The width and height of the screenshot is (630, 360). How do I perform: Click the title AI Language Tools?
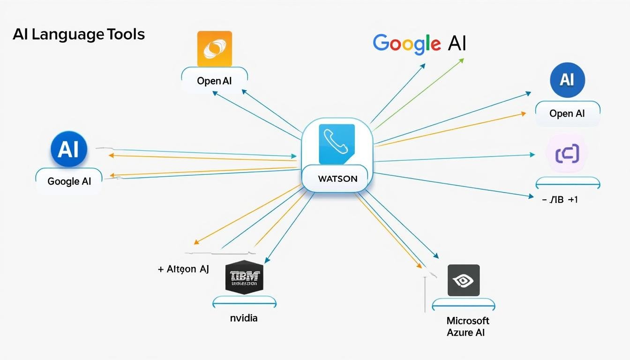(x=79, y=35)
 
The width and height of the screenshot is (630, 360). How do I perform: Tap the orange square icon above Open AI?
(x=215, y=49)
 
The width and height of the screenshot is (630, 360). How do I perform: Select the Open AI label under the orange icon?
(x=214, y=81)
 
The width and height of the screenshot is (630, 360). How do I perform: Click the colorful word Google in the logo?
(x=406, y=43)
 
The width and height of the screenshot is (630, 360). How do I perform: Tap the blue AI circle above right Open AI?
(x=567, y=80)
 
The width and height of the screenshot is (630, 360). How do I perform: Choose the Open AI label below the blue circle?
(x=567, y=113)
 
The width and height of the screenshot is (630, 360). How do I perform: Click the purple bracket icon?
(x=567, y=154)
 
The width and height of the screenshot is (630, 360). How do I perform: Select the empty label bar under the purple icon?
(x=567, y=183)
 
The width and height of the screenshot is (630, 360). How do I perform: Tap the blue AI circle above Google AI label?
(x=69, y=150)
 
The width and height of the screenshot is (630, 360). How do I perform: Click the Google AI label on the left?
(x=69, y=181)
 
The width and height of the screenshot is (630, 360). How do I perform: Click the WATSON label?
(x=337, y=179)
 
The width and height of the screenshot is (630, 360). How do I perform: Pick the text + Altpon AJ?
(x=183, y=269)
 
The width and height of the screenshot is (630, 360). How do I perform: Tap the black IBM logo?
(x=244, y=277)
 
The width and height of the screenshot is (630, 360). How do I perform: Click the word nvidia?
(x=244, y=318)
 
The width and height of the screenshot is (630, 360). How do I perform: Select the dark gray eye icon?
(x=463, y=280)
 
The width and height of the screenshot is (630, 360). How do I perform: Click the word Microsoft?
(x=468, y=321)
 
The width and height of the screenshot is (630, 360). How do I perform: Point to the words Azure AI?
(x=466, y=333)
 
